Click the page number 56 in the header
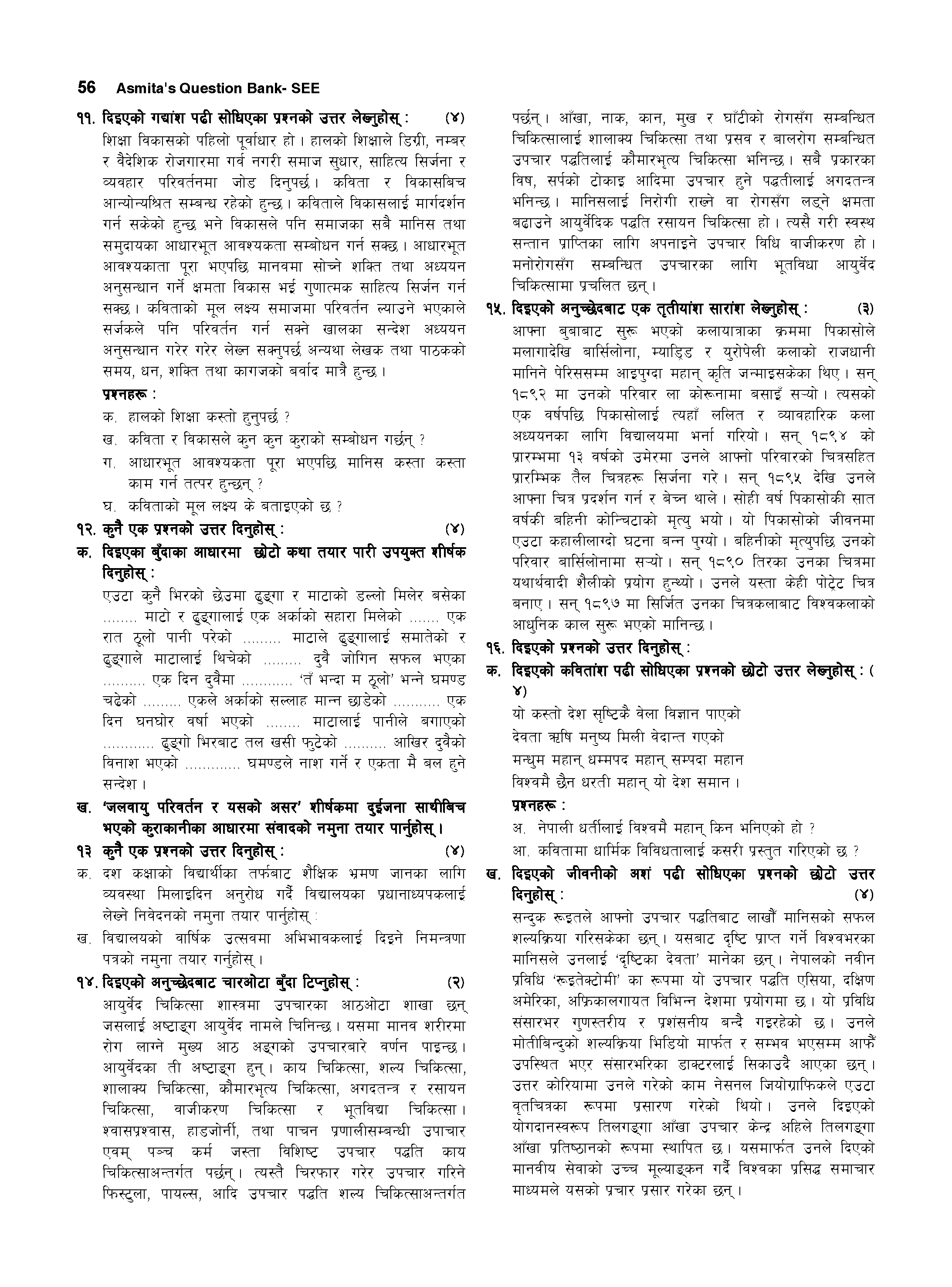tap(86, 88)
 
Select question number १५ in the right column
tap(495, 309)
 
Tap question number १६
tap(495, 649)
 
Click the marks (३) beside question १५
tap(865, 309)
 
